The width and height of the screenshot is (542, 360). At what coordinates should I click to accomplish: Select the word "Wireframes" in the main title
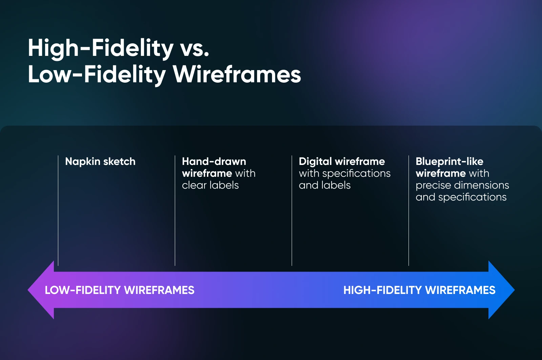click(237, 74)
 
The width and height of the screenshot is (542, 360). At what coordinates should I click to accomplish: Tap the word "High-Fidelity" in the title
click(101, 49)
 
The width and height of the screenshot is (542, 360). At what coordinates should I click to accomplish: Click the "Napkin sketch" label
click(100, 161)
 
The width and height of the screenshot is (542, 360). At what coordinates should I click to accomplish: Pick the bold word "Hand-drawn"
click(214, 161)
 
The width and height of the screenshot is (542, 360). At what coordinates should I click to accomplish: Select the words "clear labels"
click(210, 185)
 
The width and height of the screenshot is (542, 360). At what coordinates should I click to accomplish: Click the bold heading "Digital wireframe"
click(342, 161)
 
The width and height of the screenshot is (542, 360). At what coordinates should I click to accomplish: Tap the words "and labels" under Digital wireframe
click(325, 185)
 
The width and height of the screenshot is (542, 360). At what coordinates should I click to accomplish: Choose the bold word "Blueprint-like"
click(449, 161)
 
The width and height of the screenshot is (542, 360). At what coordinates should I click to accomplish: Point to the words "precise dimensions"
click(462, 185)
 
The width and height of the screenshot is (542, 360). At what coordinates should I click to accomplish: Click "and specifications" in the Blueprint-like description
click(461, 197)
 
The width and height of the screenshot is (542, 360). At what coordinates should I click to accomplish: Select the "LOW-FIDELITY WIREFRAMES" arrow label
click(120, 290)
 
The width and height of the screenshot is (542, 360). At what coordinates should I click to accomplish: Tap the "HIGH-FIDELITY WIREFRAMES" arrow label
click(419, 290)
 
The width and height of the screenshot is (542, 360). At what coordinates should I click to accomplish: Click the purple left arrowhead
click(41, 290)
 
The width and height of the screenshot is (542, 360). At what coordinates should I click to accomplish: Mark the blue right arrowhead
click(501, 290)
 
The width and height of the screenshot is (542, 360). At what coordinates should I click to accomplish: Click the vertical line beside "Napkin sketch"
click(58, 211)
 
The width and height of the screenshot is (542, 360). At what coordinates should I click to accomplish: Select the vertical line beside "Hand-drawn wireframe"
click(175, 211)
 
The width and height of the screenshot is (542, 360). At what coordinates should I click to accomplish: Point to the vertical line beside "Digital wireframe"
click(292, 211)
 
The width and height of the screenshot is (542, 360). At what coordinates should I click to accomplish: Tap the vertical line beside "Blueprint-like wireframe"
click(409, 211)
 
